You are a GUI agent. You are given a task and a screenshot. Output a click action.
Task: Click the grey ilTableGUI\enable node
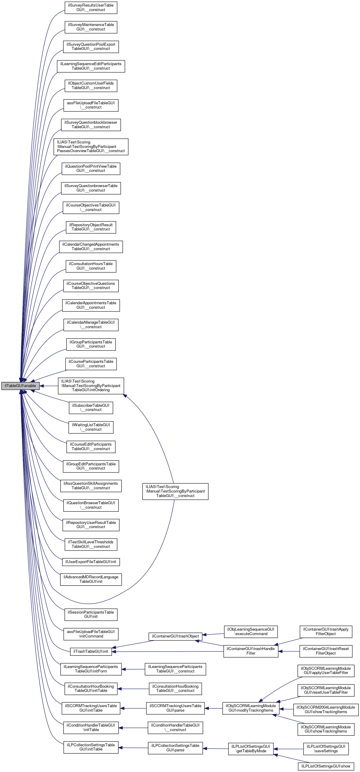pos(20,386)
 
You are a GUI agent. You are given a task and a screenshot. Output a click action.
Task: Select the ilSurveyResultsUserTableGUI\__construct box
pos(91,7)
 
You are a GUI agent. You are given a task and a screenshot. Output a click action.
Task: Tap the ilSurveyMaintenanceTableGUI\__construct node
pos(91,27)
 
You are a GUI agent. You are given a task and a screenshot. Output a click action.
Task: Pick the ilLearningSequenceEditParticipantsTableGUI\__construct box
pos(91,66)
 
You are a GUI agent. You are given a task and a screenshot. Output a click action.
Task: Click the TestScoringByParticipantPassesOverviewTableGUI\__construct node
pos(91,146)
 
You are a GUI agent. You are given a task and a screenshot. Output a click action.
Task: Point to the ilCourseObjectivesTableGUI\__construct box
pos(91,207)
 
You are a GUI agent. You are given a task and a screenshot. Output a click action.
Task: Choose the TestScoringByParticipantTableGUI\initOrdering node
pos(91,386)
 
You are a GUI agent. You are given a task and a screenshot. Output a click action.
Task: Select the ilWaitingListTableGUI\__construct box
pos(91,427)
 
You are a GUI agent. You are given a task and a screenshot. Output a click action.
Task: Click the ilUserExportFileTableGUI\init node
pos(91,562)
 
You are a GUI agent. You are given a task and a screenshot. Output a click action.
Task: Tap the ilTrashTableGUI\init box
pos(91,651)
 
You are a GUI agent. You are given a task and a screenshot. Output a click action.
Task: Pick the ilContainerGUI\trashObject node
pos(175,636)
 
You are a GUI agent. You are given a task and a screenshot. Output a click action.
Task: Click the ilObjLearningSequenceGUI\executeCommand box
pos(251,632)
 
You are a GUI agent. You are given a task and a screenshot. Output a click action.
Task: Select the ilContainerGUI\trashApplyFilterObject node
pos(326,632)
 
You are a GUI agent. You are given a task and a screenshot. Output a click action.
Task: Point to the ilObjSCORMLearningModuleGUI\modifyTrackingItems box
pos(251,708)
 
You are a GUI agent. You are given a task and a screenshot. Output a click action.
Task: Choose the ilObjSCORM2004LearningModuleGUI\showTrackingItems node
pos(326,709)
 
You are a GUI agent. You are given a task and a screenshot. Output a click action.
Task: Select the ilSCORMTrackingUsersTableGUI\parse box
pos(175,708)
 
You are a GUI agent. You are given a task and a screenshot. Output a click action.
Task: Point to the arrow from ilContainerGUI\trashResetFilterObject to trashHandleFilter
pos(289,651)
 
